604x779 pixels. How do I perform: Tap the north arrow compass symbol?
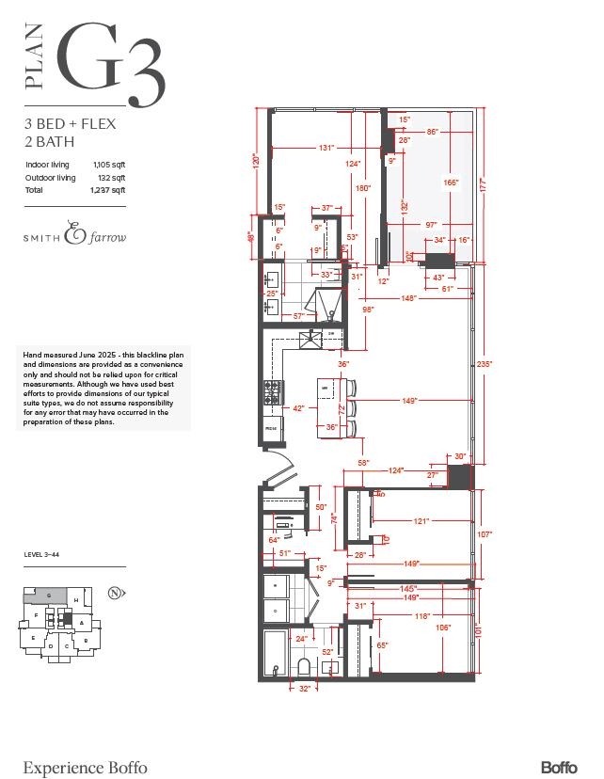114,593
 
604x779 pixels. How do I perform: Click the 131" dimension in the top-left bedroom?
326,148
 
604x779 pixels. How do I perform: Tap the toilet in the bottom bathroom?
304,666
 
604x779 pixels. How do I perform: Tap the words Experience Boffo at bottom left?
85,767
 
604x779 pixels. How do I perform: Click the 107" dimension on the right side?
485,533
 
